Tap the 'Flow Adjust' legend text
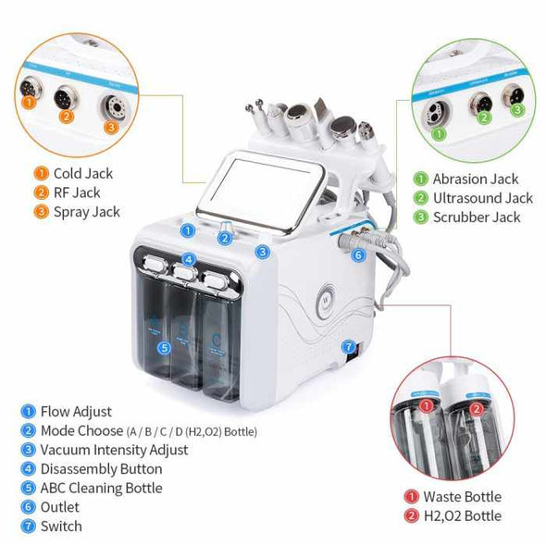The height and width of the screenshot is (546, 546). [75, 411]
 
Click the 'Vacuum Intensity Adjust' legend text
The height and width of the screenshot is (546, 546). [114, 450]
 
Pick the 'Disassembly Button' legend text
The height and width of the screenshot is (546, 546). [101, 469]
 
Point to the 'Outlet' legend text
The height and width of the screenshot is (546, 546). [59, 507]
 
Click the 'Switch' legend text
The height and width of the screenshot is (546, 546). [60, 527]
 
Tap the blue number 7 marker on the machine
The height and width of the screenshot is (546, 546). [349, 348]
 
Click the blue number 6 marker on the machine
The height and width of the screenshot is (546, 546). [358, 254]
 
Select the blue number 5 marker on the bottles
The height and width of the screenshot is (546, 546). [164, 348]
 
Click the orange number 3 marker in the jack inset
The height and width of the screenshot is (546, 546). [110, 126]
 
